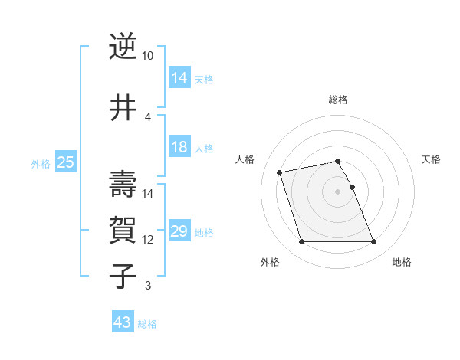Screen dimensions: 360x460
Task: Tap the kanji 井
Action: tap(123, 107)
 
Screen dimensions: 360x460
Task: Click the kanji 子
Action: tap(123, 276)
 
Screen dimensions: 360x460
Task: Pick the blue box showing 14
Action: tap(179, 77)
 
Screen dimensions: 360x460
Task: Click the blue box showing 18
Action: tap(179, 147)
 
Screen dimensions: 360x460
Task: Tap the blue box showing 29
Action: tap(179, 231)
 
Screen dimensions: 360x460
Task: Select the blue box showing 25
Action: tap(65, 162)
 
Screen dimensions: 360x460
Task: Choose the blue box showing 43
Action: tap(123, 322)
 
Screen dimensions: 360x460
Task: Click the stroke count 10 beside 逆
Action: tap(148, 56)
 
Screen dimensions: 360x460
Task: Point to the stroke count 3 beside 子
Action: tap(147, 286)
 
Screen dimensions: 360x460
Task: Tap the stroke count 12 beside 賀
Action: tap(148, 240)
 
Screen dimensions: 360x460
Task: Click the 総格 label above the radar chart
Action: tap(338, 100)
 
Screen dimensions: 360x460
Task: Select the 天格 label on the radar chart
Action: tap(431, 159)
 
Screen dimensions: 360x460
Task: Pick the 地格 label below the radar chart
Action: tap(402, 262)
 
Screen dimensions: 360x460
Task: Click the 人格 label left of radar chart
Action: tap(245, 159)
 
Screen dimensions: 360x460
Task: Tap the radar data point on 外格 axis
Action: tap(301, 242)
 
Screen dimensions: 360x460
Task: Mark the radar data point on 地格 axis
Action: tap(373, 242)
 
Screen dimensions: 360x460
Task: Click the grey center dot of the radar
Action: tap(338, 191)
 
